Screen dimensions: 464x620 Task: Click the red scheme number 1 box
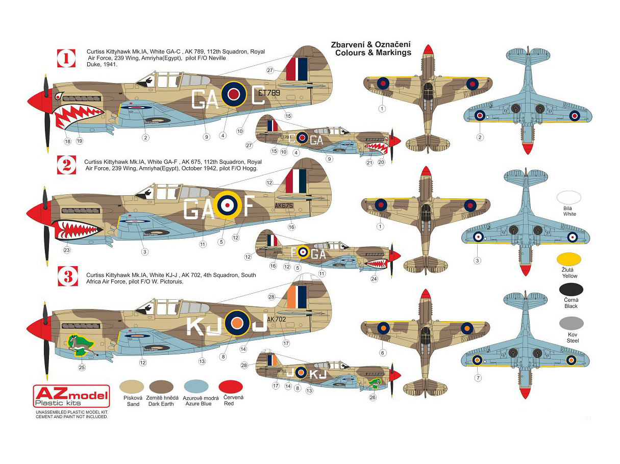pyautogui.click(x=66, y=59)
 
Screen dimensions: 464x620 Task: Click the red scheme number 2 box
pyautogui.click(x=66, y=165)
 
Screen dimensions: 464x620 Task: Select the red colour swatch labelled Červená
pyautogui.click(x=230, y=386)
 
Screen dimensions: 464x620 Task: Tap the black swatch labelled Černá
pyautogui.click(x=571, y=290)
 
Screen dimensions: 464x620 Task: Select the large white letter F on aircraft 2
pyautogui.click(x=246, y=207)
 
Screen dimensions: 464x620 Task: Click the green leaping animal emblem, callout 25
pyautogui.click(x=80, y=345)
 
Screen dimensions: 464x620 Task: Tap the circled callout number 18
pyautogui.click(x=67, y=141)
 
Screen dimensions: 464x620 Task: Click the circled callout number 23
pyautogui.click(x=67, y=250)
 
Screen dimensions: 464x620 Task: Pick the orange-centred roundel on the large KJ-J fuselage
pyautogui.click(x=237, y=322)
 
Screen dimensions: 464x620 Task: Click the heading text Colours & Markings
pyautogui.click(x=373, y=53)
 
